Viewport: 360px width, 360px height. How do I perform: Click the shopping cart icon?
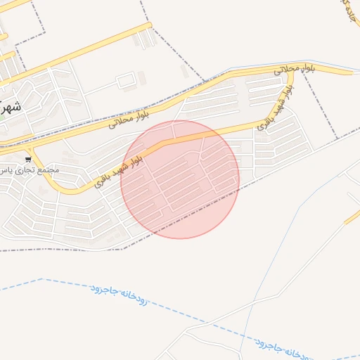tap(28, 159)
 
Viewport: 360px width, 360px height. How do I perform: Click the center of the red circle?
tap(180, 179)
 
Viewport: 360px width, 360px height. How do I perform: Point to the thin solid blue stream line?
tap(281, 232)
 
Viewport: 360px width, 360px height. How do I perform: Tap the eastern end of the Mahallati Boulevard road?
tap(349, 71)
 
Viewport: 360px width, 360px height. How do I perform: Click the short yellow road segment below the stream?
tap(352, 218)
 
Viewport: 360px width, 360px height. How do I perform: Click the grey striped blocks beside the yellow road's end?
tap(143, 39)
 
